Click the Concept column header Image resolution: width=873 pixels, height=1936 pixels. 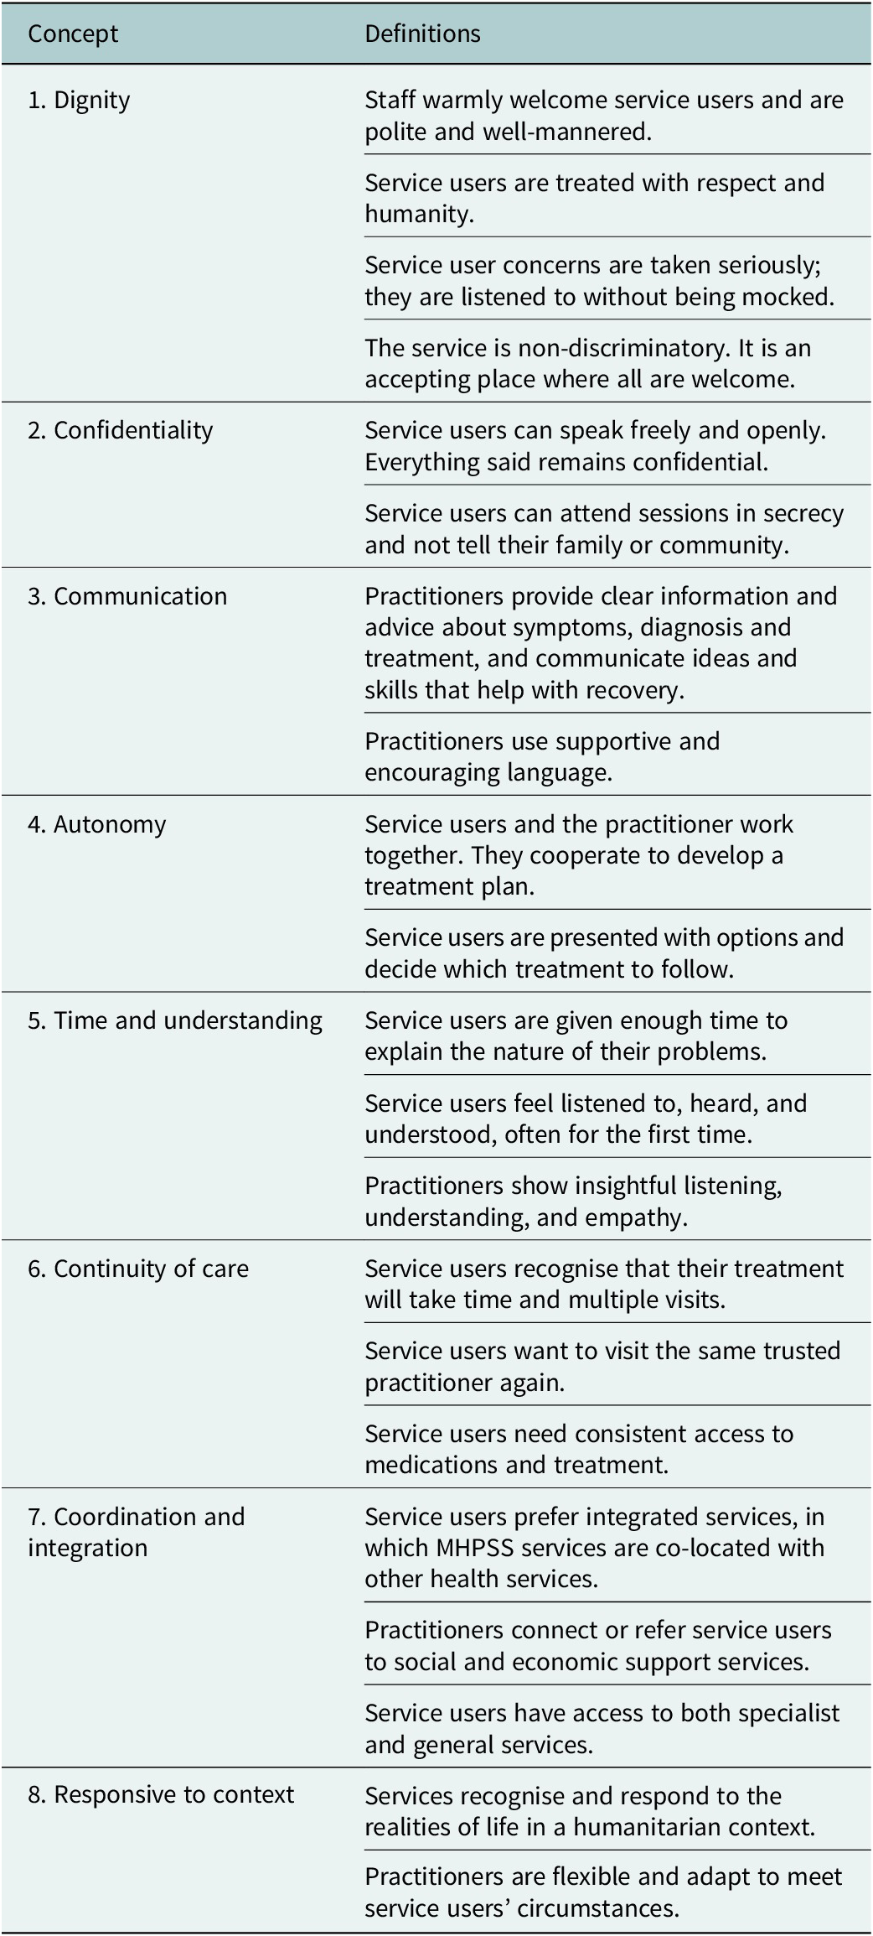point(73,34)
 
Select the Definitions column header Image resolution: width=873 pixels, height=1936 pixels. point(422,34)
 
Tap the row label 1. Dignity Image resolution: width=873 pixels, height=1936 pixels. point(79,101)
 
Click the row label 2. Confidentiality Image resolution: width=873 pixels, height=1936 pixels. point(121,430)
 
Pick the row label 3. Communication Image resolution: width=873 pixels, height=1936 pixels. point(127,596)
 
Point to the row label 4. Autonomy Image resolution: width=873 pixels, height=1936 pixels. point(97,825)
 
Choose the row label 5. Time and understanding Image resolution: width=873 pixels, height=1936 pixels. point(175,1020)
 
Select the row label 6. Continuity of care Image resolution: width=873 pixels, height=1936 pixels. point(138,1269)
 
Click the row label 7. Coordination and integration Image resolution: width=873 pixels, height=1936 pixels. point(137,1532)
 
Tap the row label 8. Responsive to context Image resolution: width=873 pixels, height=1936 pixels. point(161,1794)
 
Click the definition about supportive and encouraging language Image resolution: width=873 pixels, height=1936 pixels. point(542,756)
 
